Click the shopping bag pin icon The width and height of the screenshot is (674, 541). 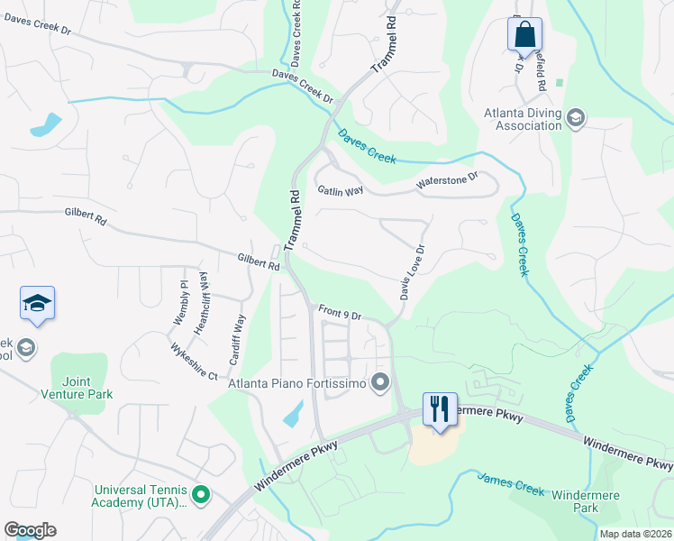[524, 35]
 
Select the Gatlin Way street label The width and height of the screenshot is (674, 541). [340, 190]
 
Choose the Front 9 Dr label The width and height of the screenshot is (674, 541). [340, 314]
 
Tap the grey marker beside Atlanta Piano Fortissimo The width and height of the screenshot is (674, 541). [381, 383]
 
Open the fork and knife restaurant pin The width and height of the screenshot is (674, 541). [440, 408]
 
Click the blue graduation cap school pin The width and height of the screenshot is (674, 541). [37, 304]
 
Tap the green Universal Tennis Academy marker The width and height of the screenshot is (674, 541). [201, 494]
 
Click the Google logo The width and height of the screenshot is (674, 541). [30, 530]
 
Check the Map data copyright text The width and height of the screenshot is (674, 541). [634, 534]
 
